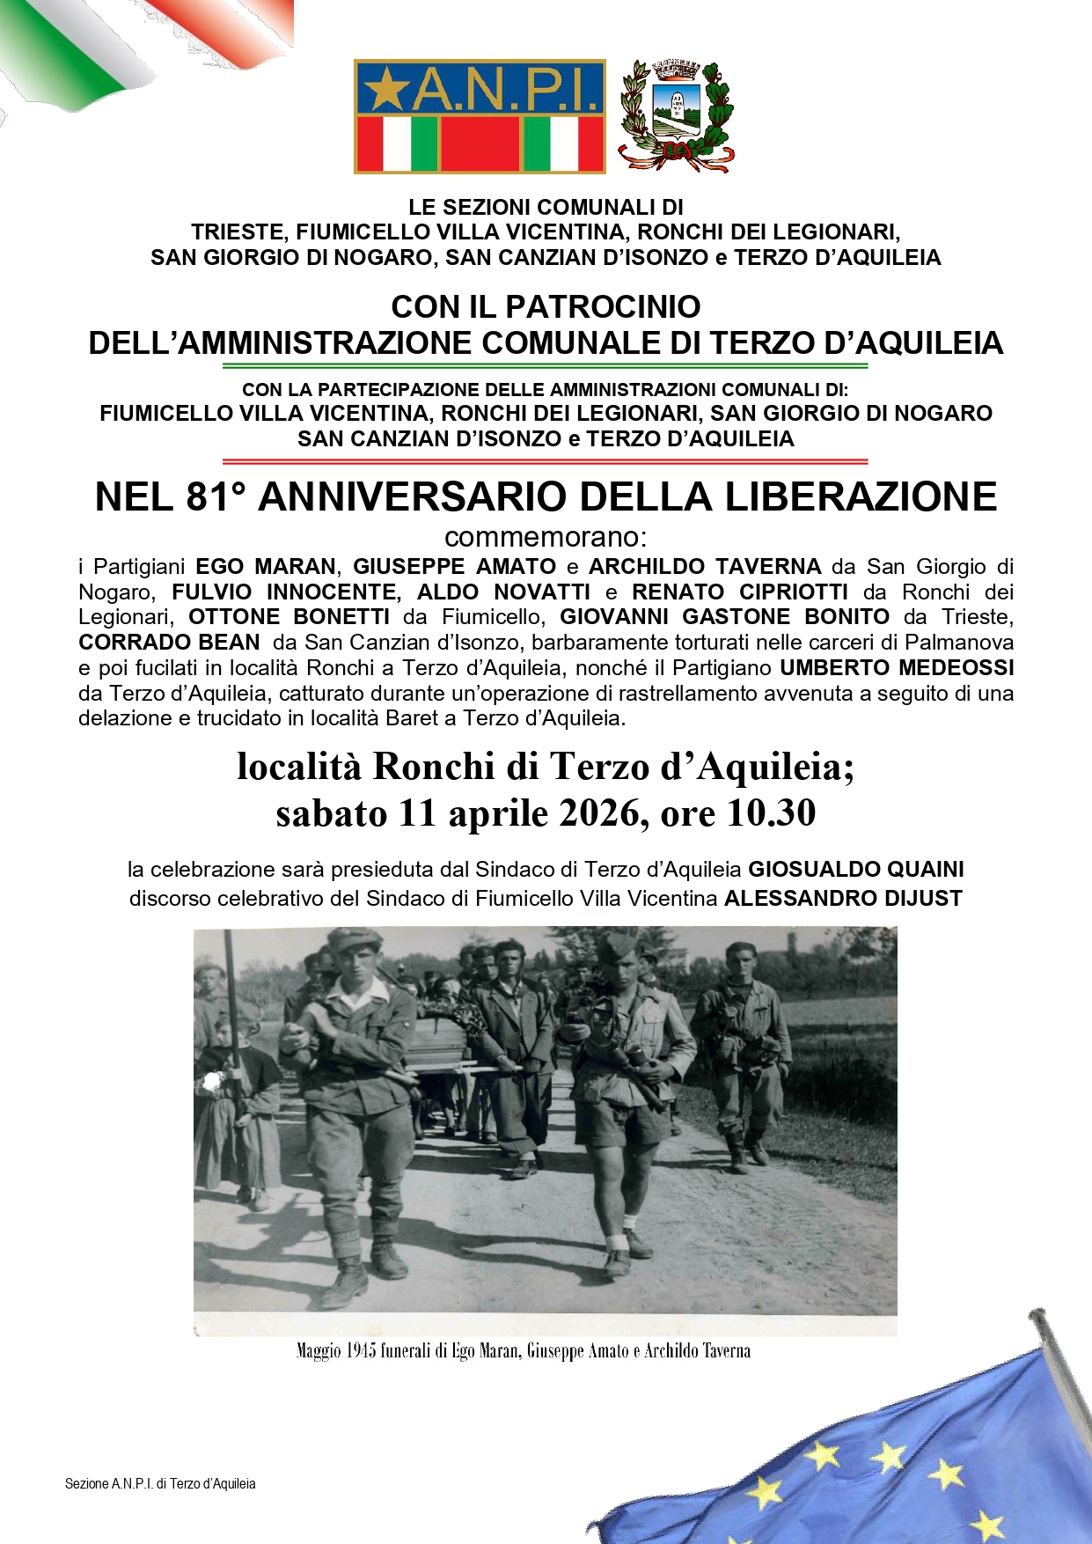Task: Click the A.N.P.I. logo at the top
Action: tap(480, 116)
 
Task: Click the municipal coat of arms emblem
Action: tap(676, 115)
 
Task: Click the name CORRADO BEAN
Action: tap(169, 642)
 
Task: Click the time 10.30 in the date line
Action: tap(772, 812)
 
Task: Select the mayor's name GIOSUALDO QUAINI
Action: tap(855, 870)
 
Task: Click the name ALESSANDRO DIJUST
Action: tap(842, 899)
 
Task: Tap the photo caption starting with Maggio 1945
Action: tap(523, 1350)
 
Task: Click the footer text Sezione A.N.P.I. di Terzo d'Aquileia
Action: tap(160, 1483)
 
